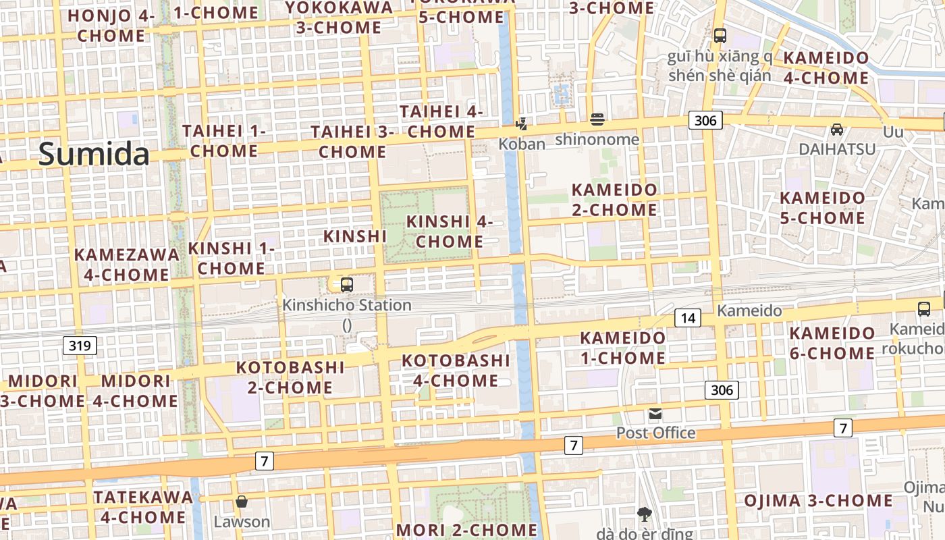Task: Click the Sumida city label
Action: click(x=94, y=154)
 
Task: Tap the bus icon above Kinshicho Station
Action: click(x=347, y=285)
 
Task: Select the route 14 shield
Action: click(x=687, y=318)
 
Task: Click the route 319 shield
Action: click(x=80, y=346)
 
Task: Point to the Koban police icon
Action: click(x=521, y=124)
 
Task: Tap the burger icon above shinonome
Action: click(x=597, y=120)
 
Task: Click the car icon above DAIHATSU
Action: click(x=837, y=130)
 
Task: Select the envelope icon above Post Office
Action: click(x=655, y=414)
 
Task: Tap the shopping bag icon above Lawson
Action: click(x=242, y=502)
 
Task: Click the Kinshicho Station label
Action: click(x=347, y=305)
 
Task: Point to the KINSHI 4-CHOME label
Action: click(x=450, y=232)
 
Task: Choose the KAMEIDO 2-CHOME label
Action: click(x=614, y=200)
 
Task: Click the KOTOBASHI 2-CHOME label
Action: click(x=290, y=377)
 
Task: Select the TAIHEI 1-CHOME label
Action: click(x=224, y=141)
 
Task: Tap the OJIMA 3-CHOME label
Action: click(x=818, y=501)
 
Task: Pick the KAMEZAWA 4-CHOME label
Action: click(x=127, y=265)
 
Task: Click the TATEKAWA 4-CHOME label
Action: click(x=143, y=507)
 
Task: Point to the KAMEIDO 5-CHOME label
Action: click(x=822, y=208)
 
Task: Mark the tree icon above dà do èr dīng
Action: click(x=645, y=514)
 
